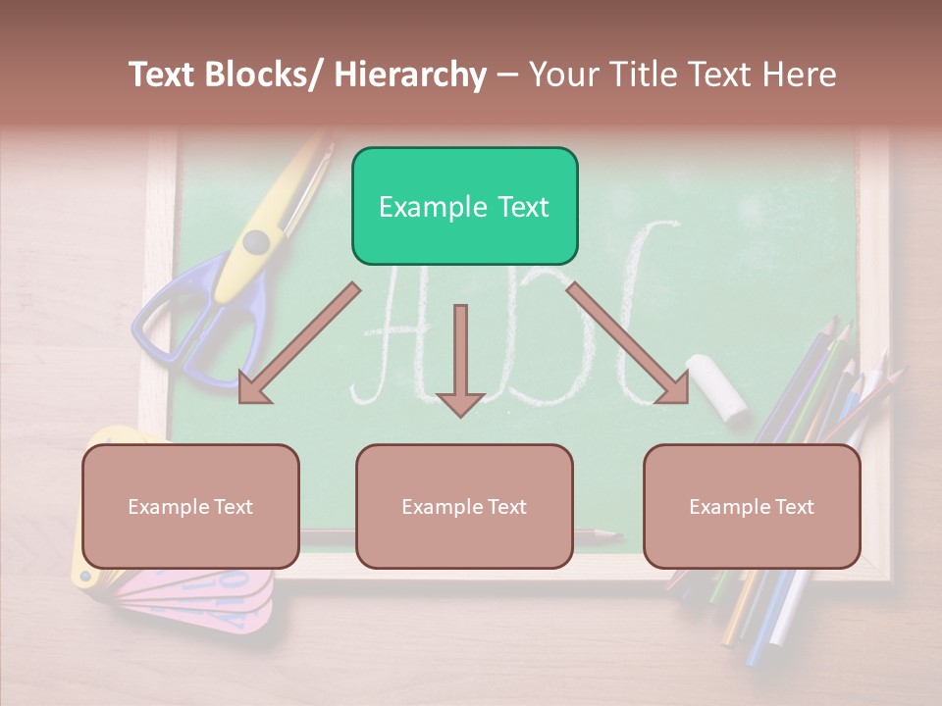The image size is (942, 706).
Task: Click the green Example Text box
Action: (464, 206)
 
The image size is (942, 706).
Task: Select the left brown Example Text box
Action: (190, 506)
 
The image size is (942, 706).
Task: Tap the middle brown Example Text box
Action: (464, 506)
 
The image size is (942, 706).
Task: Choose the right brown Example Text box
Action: (752, 506)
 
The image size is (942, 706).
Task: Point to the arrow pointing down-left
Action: (299, 343)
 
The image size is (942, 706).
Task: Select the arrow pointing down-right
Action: (628, 343)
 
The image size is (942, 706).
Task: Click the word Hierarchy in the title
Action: (410, 75)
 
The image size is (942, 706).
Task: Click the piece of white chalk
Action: (718, 387)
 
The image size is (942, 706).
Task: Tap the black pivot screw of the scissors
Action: (256, 241)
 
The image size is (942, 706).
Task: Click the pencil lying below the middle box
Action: (589, 534)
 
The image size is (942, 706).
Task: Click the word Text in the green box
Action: (520, 207)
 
